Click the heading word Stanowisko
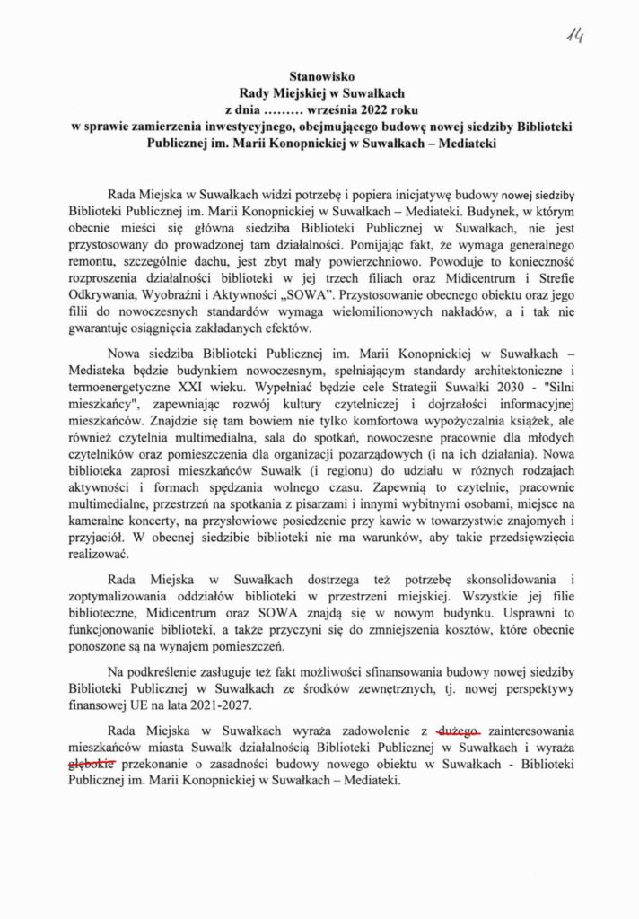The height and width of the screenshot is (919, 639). (x=319, y=77)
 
